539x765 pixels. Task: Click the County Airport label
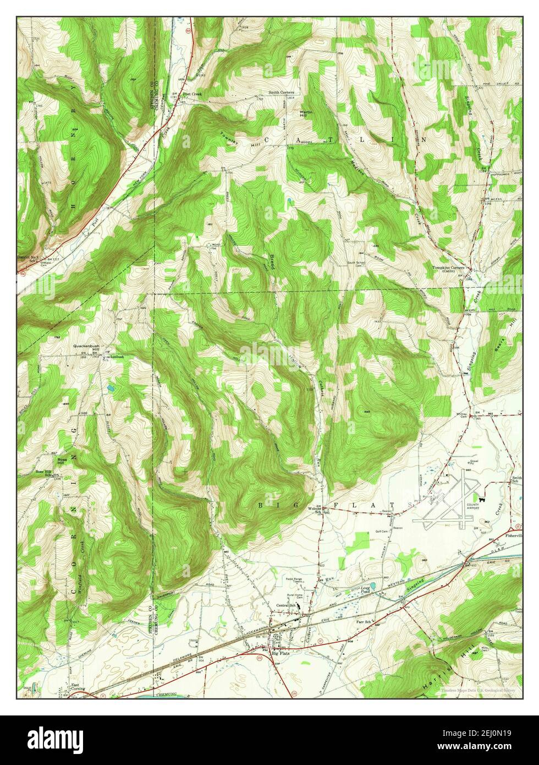coord(474,507)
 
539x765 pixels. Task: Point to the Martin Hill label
coord(306,114)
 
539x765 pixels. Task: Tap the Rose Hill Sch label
coord(44,472)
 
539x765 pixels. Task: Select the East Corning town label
coord(76,688)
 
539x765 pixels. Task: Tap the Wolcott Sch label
coord(314,509)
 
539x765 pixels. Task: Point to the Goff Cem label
coord(382,531)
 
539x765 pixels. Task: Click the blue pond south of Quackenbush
coord(111,389)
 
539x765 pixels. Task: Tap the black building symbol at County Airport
coord(481,499)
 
